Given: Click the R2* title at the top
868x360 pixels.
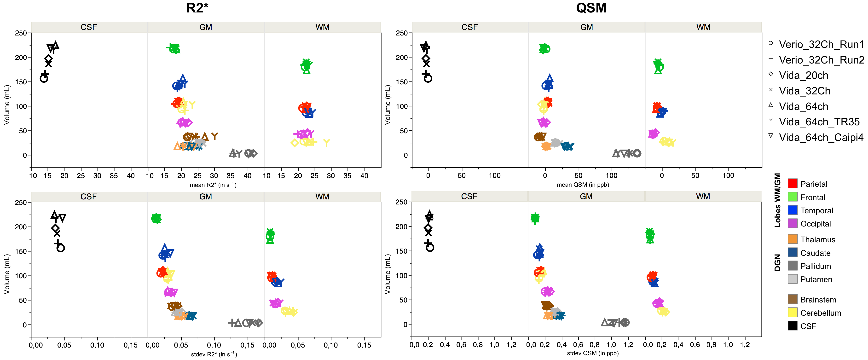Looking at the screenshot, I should point(197,8).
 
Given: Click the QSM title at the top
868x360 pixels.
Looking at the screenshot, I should point(591,8).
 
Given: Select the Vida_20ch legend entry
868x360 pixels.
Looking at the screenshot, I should point(803,75).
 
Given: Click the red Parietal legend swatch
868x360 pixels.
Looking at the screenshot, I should point(793,183).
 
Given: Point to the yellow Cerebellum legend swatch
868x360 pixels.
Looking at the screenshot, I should point(793,313).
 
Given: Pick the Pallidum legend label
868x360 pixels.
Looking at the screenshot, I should point(816,266).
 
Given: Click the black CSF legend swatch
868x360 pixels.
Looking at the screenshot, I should point(793,326).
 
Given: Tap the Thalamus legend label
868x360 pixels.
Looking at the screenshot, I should point(817,240).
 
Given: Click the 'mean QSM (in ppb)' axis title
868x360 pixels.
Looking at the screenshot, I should point(583,185).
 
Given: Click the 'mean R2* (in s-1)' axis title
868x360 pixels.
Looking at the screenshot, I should point(213,185).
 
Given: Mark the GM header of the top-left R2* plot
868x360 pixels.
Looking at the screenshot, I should point(206,27).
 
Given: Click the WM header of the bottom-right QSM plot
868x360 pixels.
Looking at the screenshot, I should point(703,197).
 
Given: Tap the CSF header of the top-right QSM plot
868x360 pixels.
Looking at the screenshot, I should point(469,27).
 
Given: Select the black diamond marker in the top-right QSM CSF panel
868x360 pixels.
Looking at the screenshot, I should point(426,59).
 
